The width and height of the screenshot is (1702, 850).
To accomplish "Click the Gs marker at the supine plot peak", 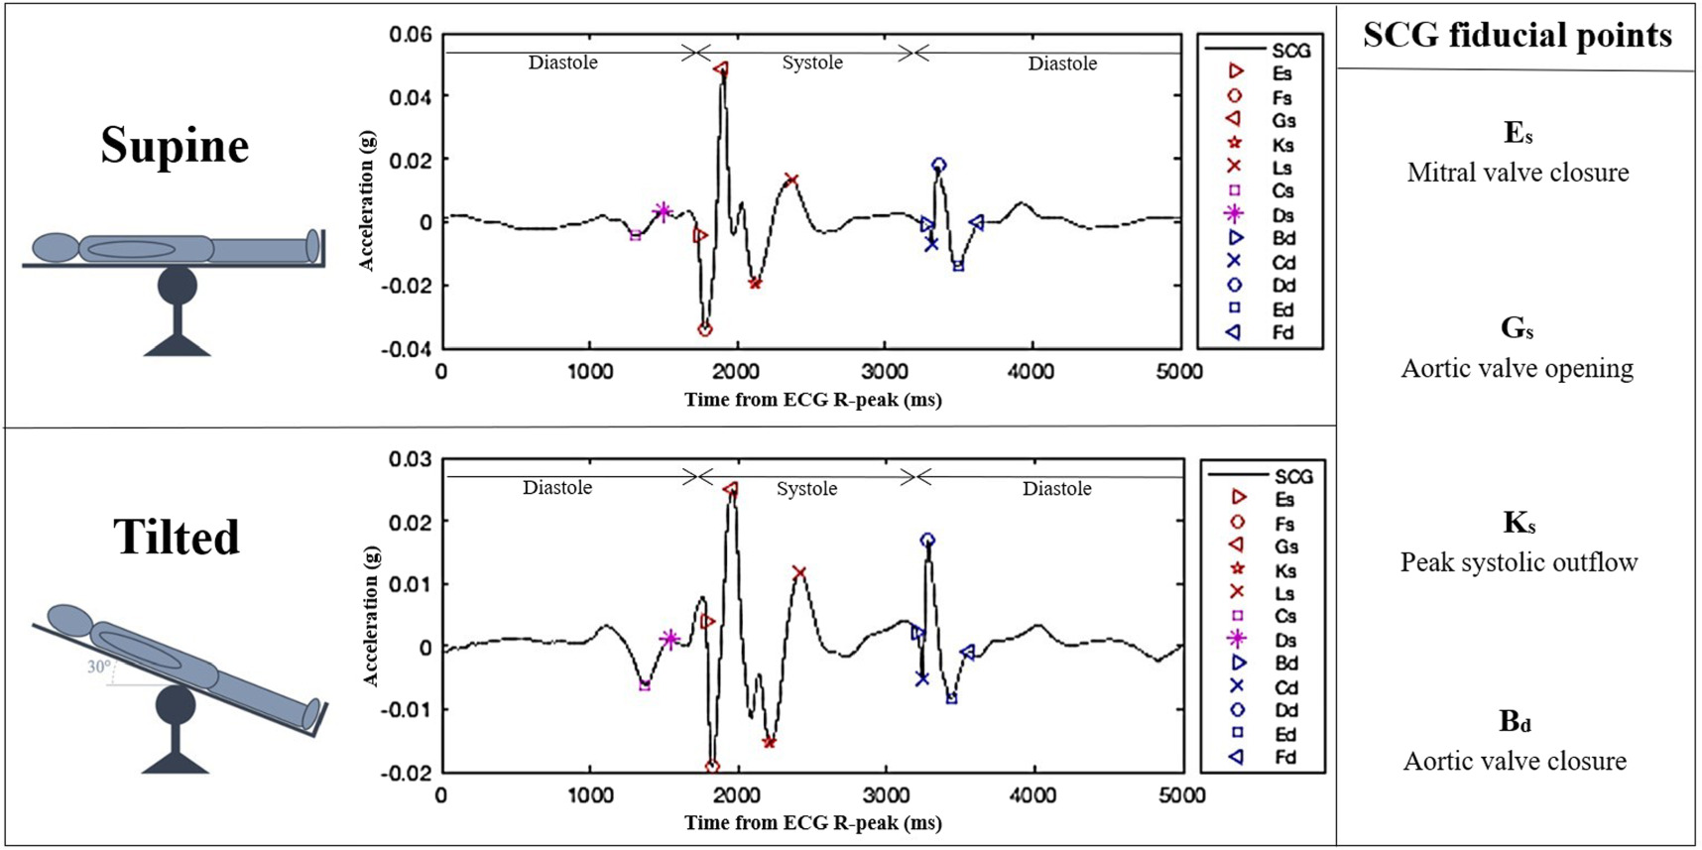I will pyautogui.click(x=721, y=69).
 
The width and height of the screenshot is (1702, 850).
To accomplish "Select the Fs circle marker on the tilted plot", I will pyautogui.click(x=712, y=768).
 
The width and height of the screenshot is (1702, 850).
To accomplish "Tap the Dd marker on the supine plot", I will pyautogui.click(x=938, y=165).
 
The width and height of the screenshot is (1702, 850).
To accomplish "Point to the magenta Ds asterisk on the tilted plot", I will pyautogui.click(x=669, y=640).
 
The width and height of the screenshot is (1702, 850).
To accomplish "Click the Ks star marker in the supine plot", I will pyautogui.click(x=756, y=284).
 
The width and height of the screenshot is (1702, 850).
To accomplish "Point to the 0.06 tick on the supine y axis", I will pyautogui.click(x=410, y=35).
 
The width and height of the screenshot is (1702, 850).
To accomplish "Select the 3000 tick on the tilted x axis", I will pyautogui.click(x=886, y=795).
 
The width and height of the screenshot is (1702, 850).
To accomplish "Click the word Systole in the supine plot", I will pyautogui.click(x=811, y=62).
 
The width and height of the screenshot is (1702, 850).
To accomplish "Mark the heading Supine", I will pyautogui.click(x=175, y=146).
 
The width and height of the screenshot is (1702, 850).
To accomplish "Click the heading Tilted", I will pyautogui.click(x=177, y=538).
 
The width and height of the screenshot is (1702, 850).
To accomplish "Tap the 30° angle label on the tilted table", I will pyautogui.click(x=98, y=667).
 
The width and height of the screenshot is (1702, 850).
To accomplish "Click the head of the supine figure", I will pyautogui.click(x=55, y=247).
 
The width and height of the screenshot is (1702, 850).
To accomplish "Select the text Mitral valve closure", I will pyautogui.click(x=1518, y=173).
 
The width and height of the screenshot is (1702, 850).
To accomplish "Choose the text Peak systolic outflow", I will pyautogui.click(x=1519, y=562).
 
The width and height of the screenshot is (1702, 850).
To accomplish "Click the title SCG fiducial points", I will pyautogui.click(x=1517, y=36).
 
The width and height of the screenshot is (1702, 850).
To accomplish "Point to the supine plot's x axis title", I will pyautogui.click(x=812, y=400).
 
